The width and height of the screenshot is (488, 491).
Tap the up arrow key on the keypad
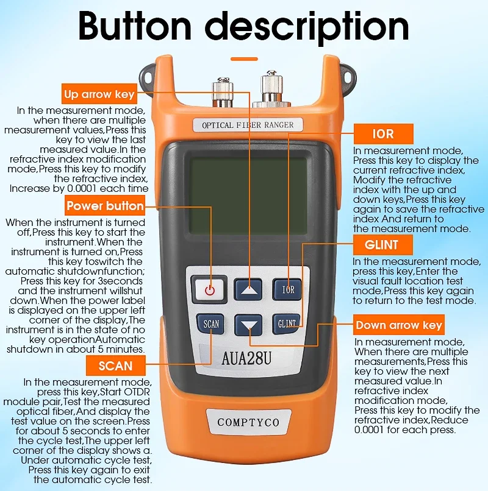click(248, 289)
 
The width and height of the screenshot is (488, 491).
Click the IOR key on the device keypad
click(287, 289)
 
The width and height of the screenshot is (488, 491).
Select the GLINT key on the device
click(287, 323)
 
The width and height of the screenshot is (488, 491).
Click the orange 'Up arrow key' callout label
click(99, 94)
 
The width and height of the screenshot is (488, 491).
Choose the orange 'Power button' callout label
click(105, 206)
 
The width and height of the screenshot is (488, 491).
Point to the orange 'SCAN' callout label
click(115, 366)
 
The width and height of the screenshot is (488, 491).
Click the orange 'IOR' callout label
click(383, 133)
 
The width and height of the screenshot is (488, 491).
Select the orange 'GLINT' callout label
click(383, 245)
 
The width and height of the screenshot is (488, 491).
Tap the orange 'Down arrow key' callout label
click(399, 325)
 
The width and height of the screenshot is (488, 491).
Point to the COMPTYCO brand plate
click(248, 422)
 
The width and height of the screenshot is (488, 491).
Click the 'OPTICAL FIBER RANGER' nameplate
click(248, 125)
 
